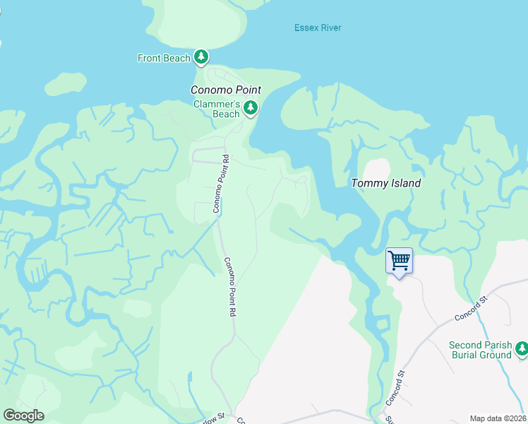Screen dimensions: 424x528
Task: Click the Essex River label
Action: (x=318, y=28)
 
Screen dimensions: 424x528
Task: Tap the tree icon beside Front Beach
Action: (x=201, y=57)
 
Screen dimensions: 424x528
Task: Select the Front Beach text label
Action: (x=164, y=58)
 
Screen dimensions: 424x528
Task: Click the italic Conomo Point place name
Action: (x=226, y=90)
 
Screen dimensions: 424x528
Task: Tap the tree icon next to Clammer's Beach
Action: (x=251, y=108)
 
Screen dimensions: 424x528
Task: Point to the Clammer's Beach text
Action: (x=217, y=109)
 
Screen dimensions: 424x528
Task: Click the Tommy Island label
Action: (x=386, y=183)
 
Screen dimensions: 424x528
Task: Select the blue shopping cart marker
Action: (x=399, y=261)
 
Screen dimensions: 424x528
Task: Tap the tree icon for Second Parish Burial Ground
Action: (x=521, y=348)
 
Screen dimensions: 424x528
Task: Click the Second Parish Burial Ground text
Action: (x=481, y=350)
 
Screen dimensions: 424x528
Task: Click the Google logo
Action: (x=23, y=416)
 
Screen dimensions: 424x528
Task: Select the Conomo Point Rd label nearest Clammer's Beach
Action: (x=222, y=184)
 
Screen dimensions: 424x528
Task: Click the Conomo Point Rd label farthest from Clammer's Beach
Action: (x=229, y=286)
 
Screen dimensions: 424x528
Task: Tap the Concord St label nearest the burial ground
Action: (x=472, y=310)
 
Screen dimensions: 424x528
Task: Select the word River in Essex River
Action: (x=330, y=28)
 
